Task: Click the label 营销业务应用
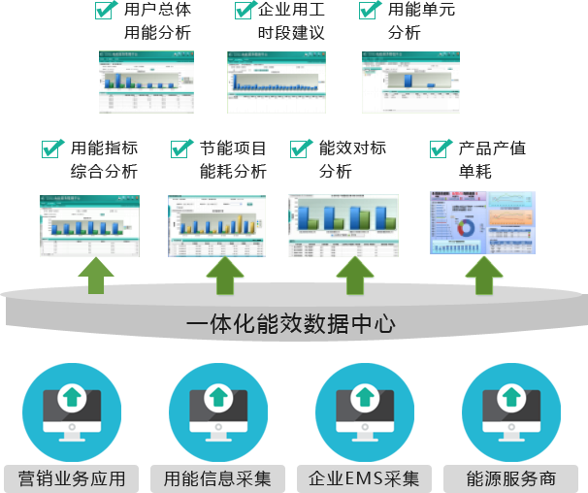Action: (72, 478)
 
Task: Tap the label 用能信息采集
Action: (217, 478)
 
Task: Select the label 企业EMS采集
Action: (364, 478)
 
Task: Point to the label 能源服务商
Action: (510, 478)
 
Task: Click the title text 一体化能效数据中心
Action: (290, 323)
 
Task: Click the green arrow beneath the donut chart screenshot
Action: (482, 275)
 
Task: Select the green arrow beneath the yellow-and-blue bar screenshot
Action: (225, 275)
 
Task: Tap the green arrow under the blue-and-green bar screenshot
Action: (354, 275)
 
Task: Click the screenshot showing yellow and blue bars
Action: (216, 226)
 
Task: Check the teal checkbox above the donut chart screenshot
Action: (442, 148)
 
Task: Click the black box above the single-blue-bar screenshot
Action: (421, 19)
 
